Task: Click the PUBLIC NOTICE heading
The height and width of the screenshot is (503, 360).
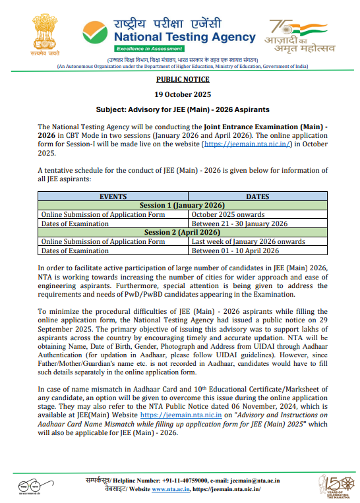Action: pos(179,79)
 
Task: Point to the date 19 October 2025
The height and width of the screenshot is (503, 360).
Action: pos(179,94)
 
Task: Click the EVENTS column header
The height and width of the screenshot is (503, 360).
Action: pos(113,196)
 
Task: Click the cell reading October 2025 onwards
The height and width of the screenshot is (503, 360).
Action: pos(228,214)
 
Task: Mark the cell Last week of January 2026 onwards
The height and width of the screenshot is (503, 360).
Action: pos(249,242)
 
